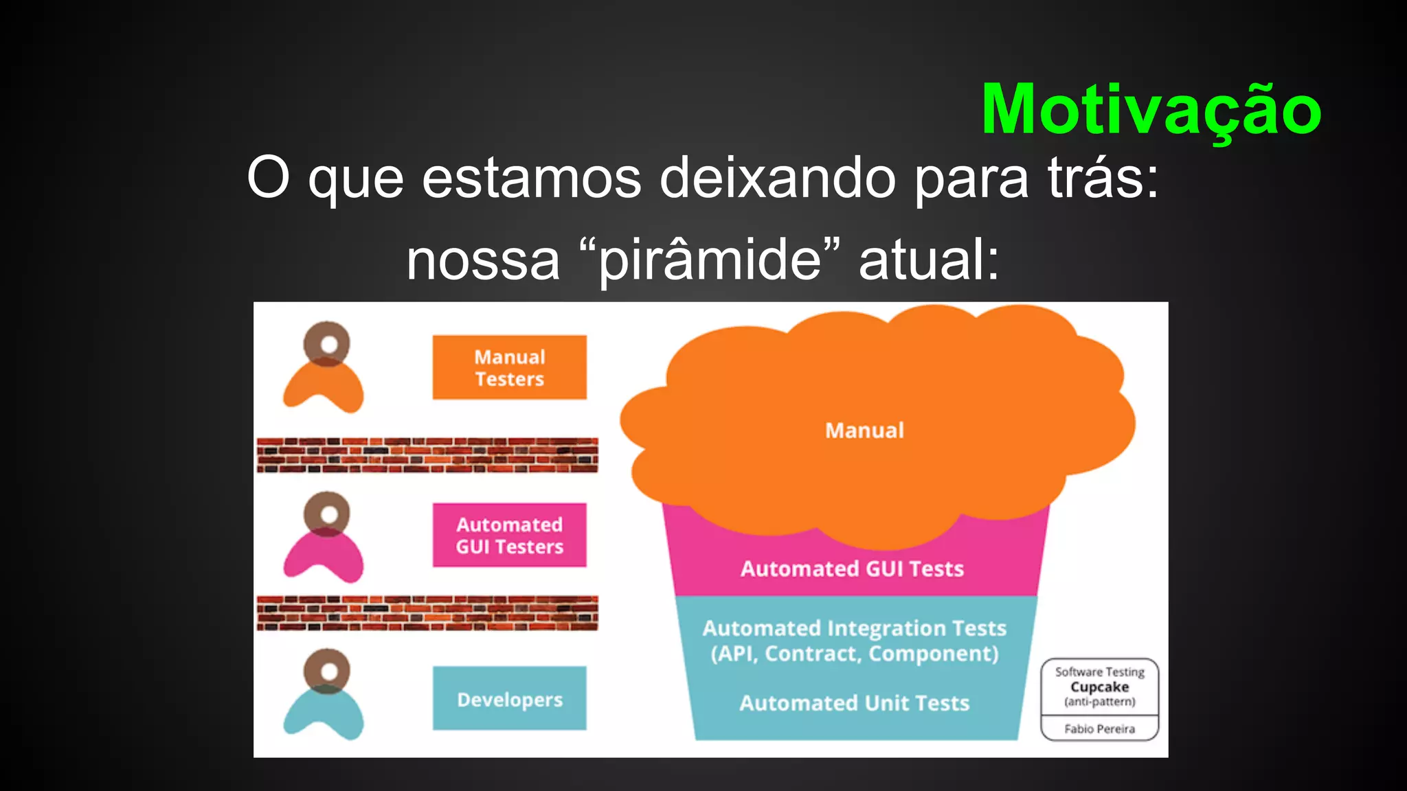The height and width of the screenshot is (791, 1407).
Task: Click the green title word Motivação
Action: [1151, 110]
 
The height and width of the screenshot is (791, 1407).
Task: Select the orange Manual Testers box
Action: [509, 367]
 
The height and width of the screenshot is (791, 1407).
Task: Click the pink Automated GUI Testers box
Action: [509, 535]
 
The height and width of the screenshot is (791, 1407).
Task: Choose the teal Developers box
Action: [509, 698]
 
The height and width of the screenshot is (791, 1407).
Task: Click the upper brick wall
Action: [427, 455]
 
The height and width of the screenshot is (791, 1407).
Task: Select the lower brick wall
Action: [427, 612]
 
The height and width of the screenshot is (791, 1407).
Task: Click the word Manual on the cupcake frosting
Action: [864, 431]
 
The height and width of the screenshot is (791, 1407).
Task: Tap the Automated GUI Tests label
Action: [852, 569]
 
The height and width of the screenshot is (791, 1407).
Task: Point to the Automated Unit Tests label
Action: [854, 703]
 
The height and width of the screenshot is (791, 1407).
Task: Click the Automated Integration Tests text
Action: [854, 628]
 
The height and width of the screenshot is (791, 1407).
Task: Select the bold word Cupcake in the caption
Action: [1099, 687]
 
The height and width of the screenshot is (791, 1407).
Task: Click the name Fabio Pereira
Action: [1099, 729]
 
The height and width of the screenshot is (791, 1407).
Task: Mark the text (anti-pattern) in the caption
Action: [1099, 702]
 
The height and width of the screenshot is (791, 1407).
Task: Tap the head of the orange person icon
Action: [327, 343]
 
